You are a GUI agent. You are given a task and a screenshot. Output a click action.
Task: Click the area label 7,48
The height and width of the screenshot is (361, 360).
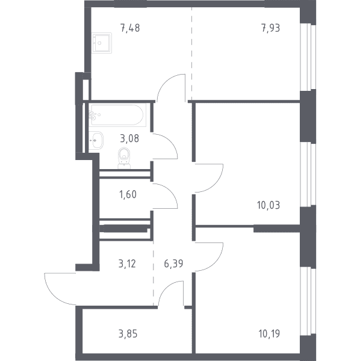pos(130,28)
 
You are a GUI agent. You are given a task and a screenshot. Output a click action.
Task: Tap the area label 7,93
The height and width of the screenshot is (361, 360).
pos(271,28)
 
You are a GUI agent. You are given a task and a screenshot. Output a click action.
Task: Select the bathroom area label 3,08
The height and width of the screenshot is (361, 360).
pos(129,138)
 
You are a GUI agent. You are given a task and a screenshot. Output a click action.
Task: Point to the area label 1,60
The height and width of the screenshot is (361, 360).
pos(128,194)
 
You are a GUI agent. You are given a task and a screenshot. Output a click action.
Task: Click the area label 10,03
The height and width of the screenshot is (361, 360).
pos(268,205)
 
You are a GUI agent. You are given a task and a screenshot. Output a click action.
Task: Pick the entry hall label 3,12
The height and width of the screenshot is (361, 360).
pos(127,264)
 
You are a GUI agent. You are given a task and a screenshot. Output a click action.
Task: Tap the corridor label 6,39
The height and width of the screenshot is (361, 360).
pos(173,264)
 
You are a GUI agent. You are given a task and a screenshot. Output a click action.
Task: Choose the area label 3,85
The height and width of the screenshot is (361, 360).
pos(128,333)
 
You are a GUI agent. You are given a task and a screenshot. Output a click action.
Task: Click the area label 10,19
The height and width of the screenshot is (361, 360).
pos(269,333)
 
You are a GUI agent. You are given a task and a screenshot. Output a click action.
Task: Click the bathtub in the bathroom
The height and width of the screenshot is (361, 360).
pos(117,115)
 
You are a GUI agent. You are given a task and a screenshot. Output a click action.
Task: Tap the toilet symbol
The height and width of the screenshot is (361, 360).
pos(124,158)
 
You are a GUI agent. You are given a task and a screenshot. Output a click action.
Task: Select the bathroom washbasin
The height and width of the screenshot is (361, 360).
pos(96,140)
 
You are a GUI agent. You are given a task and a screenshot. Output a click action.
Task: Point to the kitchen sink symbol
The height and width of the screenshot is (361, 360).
pos(102,43)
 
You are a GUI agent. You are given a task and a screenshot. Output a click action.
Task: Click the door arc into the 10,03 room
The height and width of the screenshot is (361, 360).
pos(216,185)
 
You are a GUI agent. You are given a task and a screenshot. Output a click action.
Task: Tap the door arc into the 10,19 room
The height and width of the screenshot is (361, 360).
pos(216,263)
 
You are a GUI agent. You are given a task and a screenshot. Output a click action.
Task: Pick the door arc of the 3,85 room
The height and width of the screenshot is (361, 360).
pos(166,288)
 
